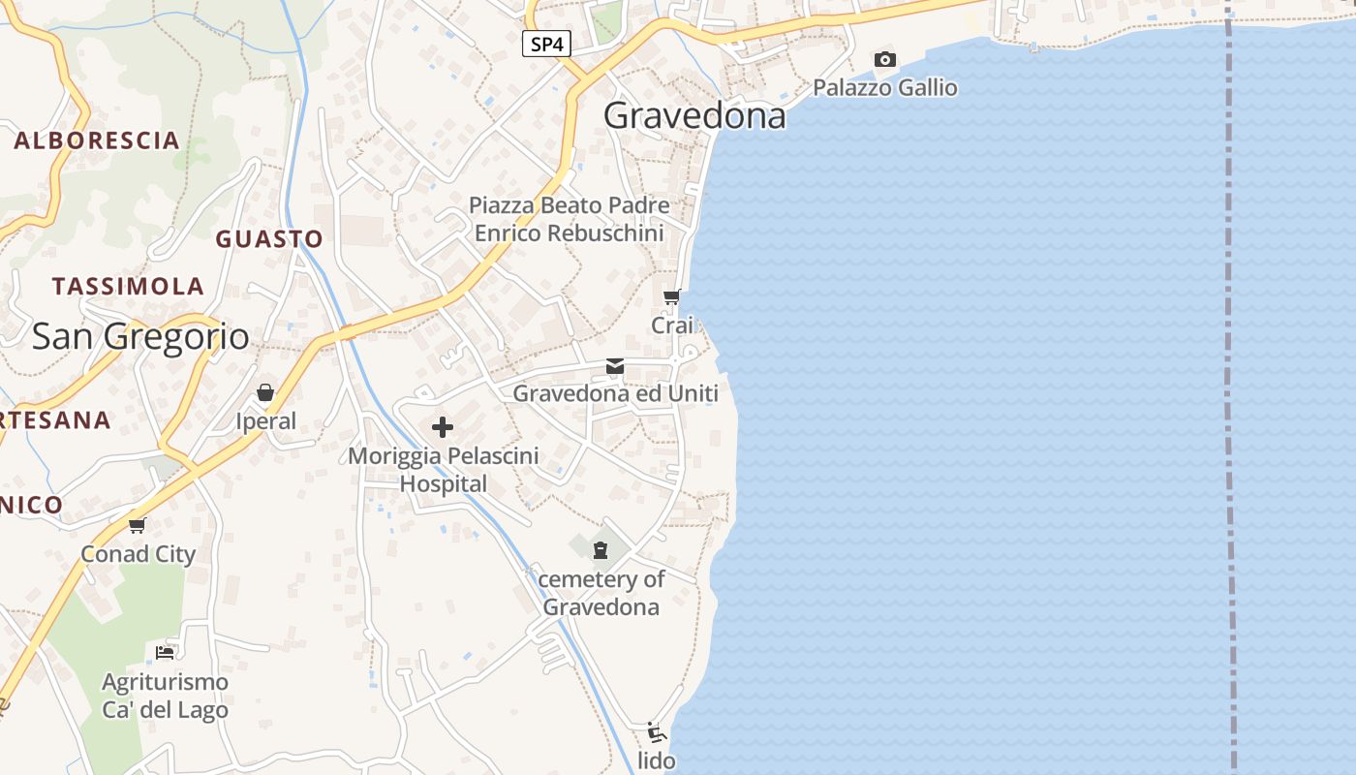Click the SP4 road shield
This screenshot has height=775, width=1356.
(x=546, y=44)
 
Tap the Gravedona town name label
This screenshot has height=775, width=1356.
(x=694, y=116)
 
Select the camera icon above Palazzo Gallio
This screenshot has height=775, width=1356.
(x=884, y=60)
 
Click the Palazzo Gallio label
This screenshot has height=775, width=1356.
(x=884, y=88)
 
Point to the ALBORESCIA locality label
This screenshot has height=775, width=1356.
(x=97, y=140)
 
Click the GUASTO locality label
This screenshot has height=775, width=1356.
(x=269, y=239)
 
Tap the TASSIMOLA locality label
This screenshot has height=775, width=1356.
(x=128, y=287)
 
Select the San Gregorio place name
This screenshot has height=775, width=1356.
(x=140, y=337)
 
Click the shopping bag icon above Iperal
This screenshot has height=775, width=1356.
(x=265, y=392)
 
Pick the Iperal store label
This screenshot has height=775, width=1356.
(x=266, y=421)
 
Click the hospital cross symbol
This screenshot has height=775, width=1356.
(x=443, y=426)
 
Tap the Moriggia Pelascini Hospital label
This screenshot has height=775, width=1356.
(x=444, y=470)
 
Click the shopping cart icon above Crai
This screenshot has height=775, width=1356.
(x=671, y=297)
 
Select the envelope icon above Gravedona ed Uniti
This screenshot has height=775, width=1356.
(x=615, y=366)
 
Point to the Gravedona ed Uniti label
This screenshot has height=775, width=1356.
(x=615, y=393)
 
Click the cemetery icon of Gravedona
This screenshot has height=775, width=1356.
(x=601, y=550)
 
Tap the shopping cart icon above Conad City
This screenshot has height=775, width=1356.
(x=137, y=526)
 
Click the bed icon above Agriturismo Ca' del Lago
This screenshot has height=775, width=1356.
(x=165, y=652)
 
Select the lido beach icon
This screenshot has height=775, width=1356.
(x=656, y=732)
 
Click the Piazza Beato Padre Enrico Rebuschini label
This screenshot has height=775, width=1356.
(x=569, y=220)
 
